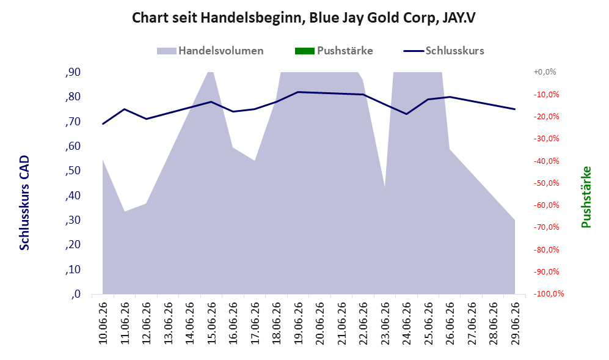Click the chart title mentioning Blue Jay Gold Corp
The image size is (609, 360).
(x=304, y=18)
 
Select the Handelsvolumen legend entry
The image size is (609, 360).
(x=210, y=51)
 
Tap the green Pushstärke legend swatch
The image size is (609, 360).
(x=304, y=51)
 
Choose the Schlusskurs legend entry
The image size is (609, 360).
(x=443, y=51)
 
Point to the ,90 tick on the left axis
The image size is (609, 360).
(x=73, y=72)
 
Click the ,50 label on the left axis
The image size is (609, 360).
(x=73, y=171)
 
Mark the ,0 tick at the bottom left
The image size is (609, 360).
(x=76, y=294)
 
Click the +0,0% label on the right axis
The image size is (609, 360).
(x=545, y=72)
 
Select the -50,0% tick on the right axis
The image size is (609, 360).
(x=547, y=183)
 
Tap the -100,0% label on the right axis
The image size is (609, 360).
(x=549, y=294)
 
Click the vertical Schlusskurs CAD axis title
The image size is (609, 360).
(x=24, y=202)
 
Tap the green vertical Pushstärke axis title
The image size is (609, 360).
(x=586, y=197)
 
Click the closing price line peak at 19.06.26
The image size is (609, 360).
(x=298, y=92)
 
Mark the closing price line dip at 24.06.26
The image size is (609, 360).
(x=406, y=114)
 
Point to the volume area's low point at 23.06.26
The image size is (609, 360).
(x=384, y=187)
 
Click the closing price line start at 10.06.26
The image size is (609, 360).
(x=103, y=124)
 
